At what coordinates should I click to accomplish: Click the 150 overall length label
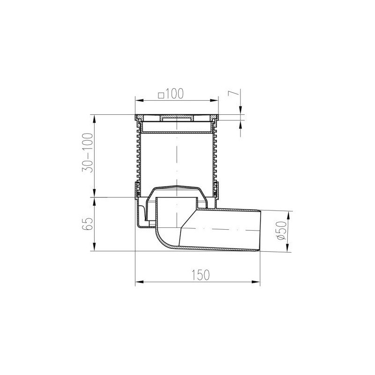[200, 274]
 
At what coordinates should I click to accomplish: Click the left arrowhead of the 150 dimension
[138, 282]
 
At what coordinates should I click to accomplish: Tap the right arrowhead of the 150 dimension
[257, 282]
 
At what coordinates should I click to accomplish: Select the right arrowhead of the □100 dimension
[216, 100]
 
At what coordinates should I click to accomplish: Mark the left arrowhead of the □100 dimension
[138, 100]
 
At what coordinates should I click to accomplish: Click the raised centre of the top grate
[176, 117]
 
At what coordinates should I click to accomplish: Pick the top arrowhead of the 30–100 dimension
[95, 117]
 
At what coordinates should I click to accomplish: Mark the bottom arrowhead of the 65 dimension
[95, 249]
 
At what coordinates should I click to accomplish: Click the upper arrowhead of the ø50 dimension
[288, 214]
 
